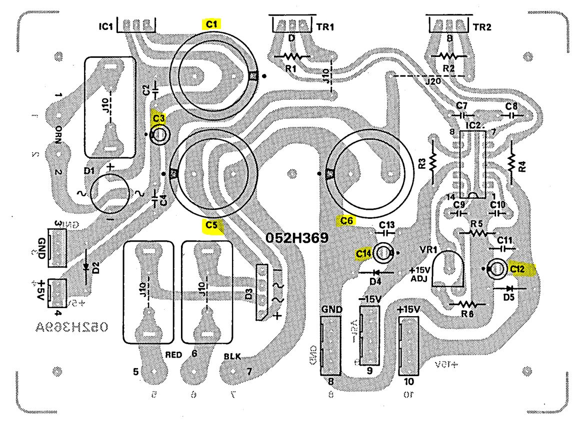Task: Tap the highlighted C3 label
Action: click(x=158, y=118)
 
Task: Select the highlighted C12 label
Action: click(x=518, y=269)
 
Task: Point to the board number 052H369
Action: click(x=296, y=238)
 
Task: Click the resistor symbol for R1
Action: click(x=289, y=56)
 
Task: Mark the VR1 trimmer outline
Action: click(x=448, y=267)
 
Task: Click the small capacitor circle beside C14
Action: click(x=384, y=253)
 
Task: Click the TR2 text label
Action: click(x=483, y=28)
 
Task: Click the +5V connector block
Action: click(x=58, y=292)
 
